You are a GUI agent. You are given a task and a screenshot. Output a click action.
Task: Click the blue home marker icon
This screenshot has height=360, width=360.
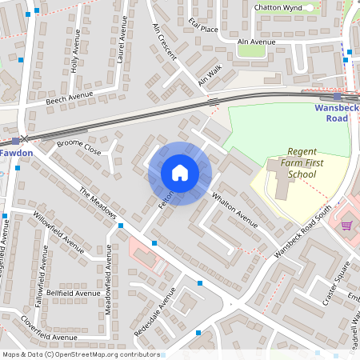180,172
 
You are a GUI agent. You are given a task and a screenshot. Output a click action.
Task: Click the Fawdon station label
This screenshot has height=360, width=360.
15,151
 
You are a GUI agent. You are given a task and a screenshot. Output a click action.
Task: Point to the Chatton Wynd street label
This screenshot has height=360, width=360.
276,7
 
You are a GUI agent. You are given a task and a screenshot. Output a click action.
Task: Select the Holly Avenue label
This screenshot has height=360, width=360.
75,52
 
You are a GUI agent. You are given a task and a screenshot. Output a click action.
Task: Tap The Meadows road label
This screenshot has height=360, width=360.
98,203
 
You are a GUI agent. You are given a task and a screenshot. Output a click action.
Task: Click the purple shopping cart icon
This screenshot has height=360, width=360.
346,225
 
